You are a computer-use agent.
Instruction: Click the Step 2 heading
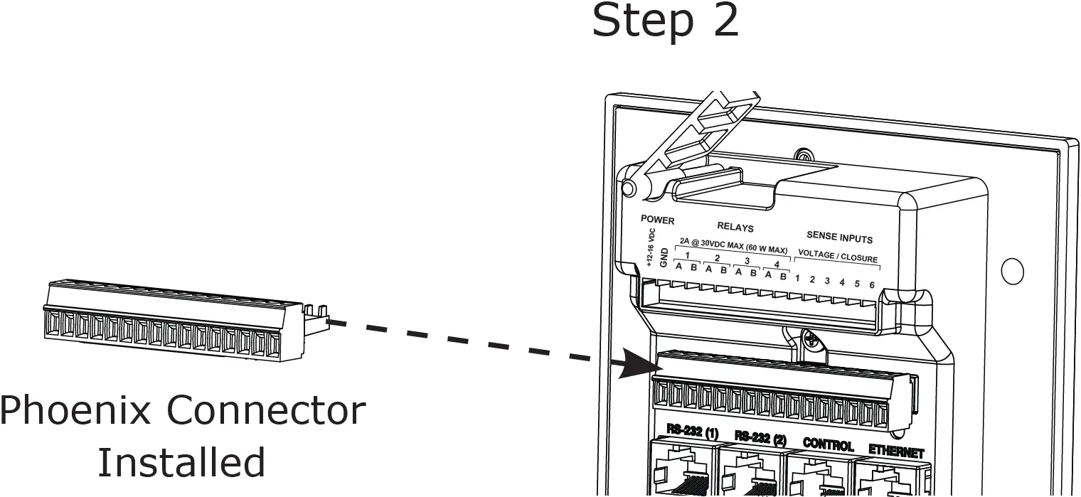pyautogui.click(x=666, y=21)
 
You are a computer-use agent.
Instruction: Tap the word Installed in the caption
pyautogui.click(x=181, y=462)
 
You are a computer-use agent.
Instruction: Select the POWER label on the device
pyautogui.click(x=657, y=220)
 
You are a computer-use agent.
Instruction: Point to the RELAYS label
pyautogui.click(x=735, y=228)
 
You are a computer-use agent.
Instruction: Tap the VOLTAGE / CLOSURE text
pyautogui.click(x=838, y=259)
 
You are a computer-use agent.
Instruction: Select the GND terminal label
pyautogui.click(x=664, y=257)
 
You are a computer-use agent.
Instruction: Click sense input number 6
pyautogui.click(x=872, y=284)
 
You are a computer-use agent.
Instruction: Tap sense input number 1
pyautogui.click(x=798, y=278)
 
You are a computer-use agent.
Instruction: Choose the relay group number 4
pyautogui.click(x=776, y=264)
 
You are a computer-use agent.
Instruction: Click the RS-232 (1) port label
pyautogui.click(x=692, y=432)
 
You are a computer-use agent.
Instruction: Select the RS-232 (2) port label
pyautogui.click(x=760, y=438)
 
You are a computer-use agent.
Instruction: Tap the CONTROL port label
pyautogui.click(x=828, y=445)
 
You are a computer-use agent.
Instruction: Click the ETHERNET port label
pyautogui.click(x=895, y=451)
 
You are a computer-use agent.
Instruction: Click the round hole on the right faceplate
pyautogui.click(x=1012, y=271)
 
